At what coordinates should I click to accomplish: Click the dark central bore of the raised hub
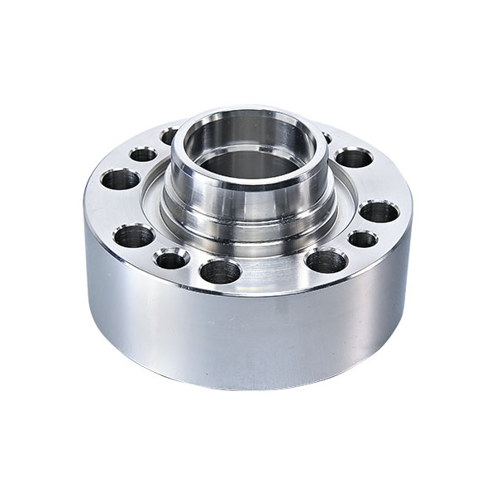tap(248, 164)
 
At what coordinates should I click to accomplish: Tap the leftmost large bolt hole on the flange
tap(121, 178)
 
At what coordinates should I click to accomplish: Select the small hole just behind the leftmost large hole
tap(142, 155)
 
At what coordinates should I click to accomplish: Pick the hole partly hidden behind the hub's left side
tap(169, 135)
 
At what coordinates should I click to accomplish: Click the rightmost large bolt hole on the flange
tap(379, 212)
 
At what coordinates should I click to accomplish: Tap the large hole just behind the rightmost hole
tap(354, 157)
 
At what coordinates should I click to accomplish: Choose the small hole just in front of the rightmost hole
tap(362, 239)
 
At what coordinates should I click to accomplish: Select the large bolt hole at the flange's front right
tap(326, 261)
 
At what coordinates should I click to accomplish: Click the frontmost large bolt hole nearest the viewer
tap(221, 270)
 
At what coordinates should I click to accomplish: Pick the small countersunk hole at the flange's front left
tap(171, 259)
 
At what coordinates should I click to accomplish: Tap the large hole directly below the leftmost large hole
tap(134, 236)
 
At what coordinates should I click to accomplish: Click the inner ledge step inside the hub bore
tap(248, 149)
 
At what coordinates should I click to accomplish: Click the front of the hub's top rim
tap(248, 184)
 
